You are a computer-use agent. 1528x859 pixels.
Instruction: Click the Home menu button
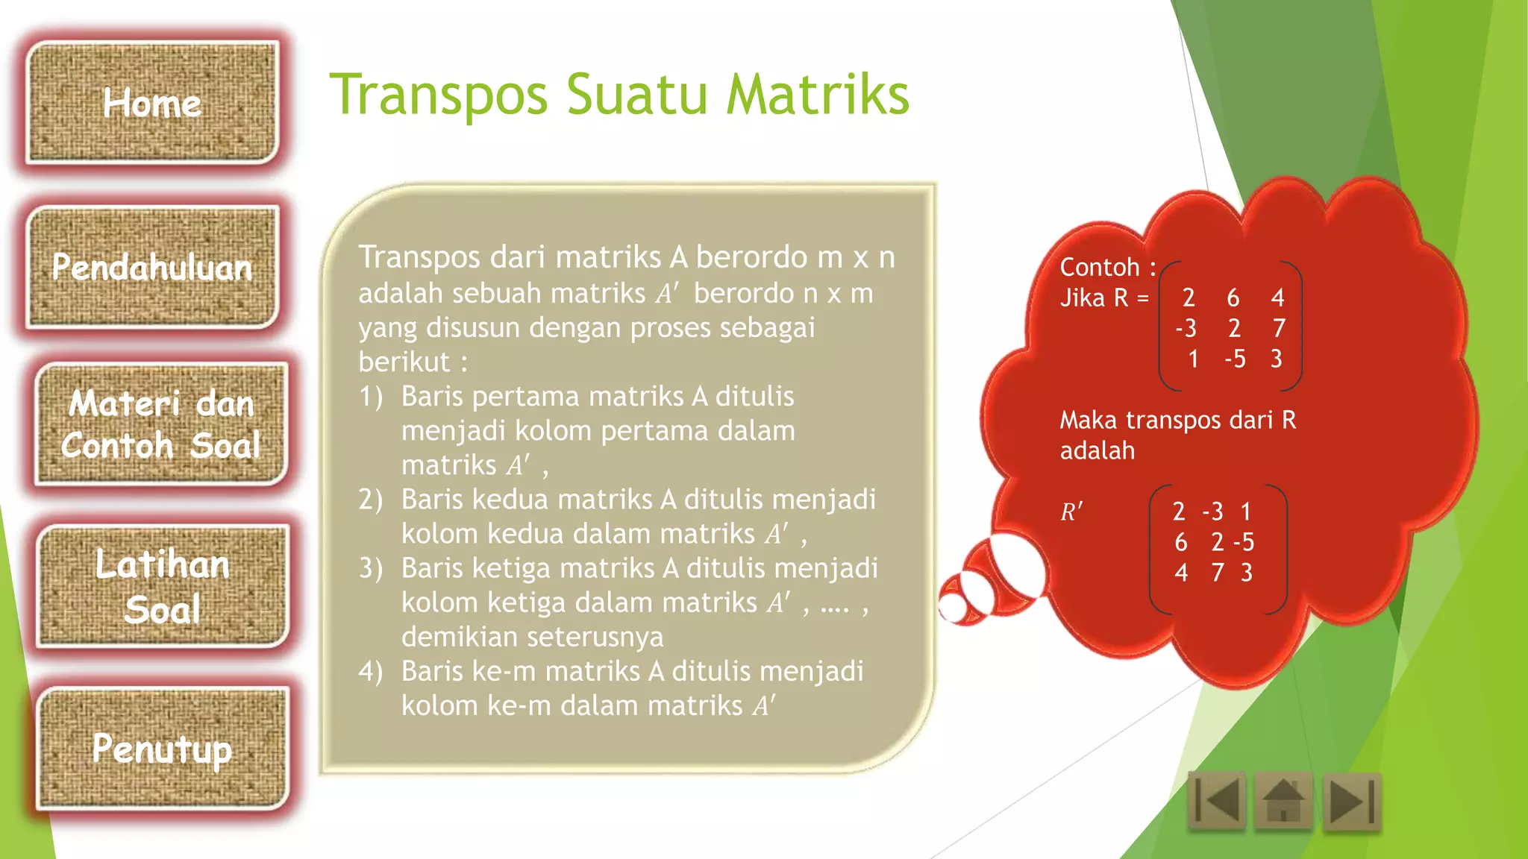pos(152,103)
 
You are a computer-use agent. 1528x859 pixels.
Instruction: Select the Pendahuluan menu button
pos(152,267)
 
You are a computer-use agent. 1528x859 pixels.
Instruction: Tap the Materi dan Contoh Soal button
pos(161,424)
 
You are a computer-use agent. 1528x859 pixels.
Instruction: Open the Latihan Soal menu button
pos(162,586)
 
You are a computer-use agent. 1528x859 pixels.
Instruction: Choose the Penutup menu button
pos(162,748)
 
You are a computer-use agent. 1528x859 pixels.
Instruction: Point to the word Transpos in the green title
pos(439,95)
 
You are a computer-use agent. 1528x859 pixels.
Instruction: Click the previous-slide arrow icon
pos(1217,802)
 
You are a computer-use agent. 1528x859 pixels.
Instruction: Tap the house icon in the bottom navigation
pos(1283,802)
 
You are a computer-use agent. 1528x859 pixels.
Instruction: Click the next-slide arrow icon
pos(1351,802)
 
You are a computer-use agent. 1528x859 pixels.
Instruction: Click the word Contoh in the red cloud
pos(1100,267)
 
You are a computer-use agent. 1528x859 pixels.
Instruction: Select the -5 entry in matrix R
pos(1235,359)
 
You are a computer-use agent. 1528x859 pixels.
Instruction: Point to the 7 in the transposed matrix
pos(1218,572)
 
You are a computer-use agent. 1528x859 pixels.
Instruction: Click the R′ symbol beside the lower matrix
pos(1071,512)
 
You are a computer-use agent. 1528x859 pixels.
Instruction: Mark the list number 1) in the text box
pos(371,396)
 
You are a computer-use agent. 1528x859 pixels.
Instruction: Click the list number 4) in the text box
pos(371,671)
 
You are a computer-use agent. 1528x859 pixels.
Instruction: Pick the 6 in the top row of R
pos(1233,298)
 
